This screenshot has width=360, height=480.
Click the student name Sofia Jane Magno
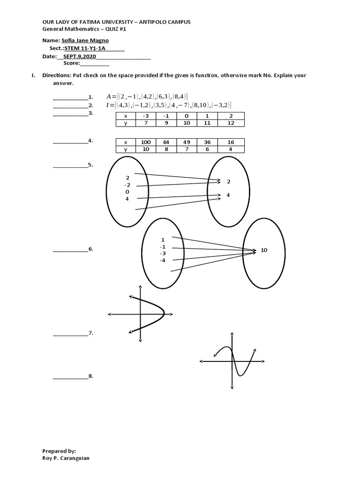(85, 41)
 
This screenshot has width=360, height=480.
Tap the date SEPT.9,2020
(76, 56)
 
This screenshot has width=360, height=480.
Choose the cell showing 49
(186, 142)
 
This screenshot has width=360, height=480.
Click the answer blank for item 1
(70, 97)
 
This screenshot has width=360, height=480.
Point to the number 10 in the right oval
(264, 250)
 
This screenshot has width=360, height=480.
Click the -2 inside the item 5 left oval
(127, 185)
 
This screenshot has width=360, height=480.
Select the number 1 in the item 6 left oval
(163, 240)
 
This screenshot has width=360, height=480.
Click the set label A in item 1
(109, 97)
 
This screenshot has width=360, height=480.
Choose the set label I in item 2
(108, 105)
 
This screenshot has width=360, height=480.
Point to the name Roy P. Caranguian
(66, 458)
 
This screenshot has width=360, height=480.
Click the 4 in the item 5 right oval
(228, 195)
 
